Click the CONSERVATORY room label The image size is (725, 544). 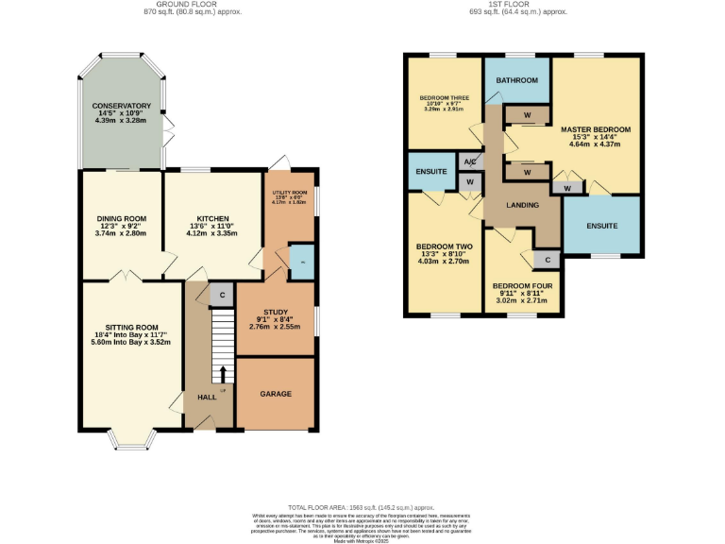121,106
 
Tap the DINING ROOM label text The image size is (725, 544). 121,218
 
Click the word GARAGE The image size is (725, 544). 275,394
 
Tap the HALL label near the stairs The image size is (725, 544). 207,397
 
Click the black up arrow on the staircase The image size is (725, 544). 223,373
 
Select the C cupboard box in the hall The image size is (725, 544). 222,295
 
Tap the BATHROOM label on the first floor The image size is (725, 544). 516,81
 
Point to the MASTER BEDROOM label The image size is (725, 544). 595,128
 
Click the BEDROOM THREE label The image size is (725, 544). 443,96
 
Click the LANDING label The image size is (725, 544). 522,205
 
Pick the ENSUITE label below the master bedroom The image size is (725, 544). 601,226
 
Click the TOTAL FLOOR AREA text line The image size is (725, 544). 362,507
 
